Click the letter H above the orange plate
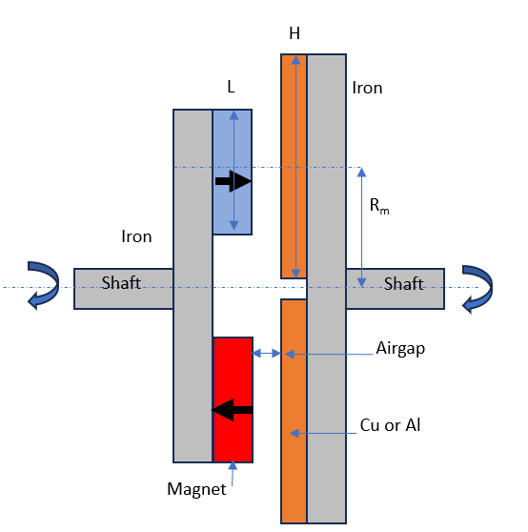pyautogui.click(x=294, y=33)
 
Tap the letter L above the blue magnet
pyautogui.click(x=231, y=87)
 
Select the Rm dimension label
pyautogui.click(x=379, y=206)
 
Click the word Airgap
pyautogui.click(x=400, y=349)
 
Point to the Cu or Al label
pyautogui.click(x=390, y=425)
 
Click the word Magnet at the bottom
pyautogui.click(x=196, y=489)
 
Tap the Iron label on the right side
pyautogui.click(x=367, y=88)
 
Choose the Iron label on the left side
pyautogui.click(x=136, y=236)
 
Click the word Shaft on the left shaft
pyautogui.click(x=121, y=282)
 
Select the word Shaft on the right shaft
pyautogui.click(x=403, y=284)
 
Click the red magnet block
pyautogui.click(x=233, y=399)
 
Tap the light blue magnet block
pyautogui.click(x=233, y=172)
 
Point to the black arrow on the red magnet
pyautogui.click(x=232, y=410)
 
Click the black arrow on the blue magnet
pyautogui.click(x=234, y=181)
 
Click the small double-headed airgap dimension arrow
pyautogui.click(x=267, y=354)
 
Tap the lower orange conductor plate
pyautogui.click(x=294, y=411)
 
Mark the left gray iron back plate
pyautogui.click(x=193, y=286)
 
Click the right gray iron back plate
pyautogui.click(x=327, y=289)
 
